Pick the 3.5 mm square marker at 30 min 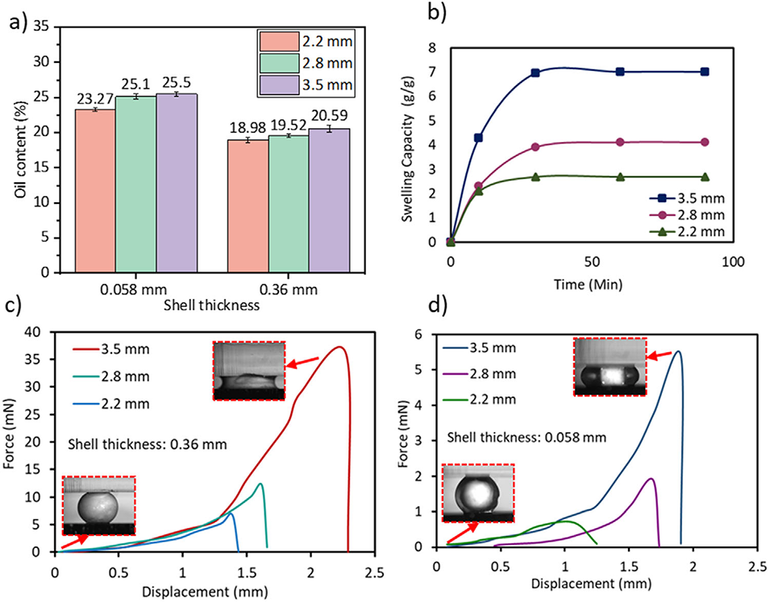click(535, 73)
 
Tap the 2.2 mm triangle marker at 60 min click(620, 176)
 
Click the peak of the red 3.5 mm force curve click(340, 347)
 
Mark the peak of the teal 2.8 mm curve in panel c click(260, 484)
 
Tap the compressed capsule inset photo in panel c click(249, 371)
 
